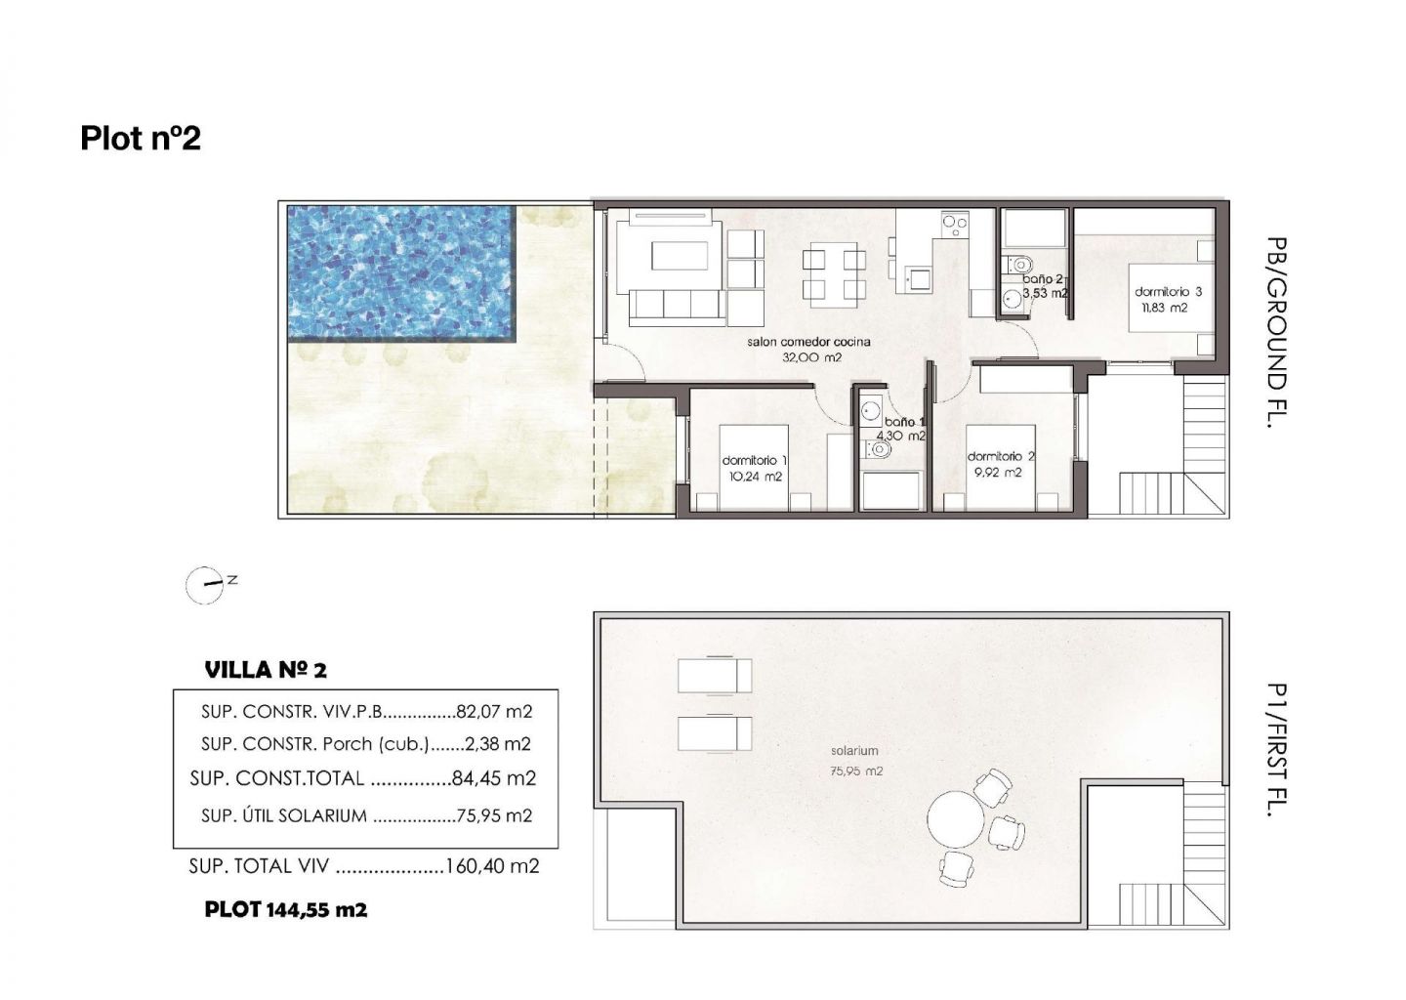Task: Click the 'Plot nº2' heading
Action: coord(141,138)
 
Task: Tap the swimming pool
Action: coord(401,273)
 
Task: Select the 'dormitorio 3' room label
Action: coord(1168,291)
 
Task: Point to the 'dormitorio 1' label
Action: coord(755,460)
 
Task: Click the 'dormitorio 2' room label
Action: coord(1001,456)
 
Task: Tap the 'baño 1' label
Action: coord(904,422)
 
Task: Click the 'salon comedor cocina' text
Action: coord(808,342)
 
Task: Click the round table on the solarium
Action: coord(956,820)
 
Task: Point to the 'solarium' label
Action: coord(854,751)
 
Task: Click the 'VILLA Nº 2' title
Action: coord(266,671)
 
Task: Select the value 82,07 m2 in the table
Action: coord(495,711)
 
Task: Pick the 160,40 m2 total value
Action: coord(492,866)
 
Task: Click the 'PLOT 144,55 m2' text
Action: coord(285,909)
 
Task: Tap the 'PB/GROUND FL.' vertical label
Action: coord(1277,333)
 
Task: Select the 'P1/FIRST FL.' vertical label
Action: coord(1277,750)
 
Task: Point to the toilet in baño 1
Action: coord(878,449)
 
